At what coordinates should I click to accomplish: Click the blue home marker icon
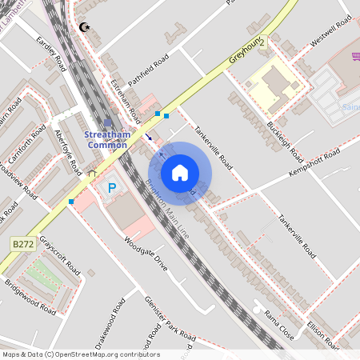coord(180,172)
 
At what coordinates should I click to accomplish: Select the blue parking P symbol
coord(111,188)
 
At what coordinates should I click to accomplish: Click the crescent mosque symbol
coord(84,28)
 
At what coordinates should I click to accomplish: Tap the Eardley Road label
coord(50,53)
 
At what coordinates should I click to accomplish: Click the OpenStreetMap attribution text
coord(80,354)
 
